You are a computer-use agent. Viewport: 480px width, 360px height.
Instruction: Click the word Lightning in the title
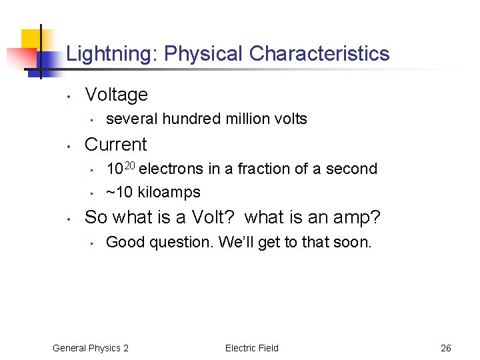[x=110, y=54]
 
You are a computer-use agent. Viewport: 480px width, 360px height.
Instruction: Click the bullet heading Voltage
[x=117, y=95]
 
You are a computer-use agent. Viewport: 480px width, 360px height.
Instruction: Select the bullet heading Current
[x=116, y=145]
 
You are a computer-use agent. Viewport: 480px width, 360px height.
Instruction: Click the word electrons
[x=172, y=169]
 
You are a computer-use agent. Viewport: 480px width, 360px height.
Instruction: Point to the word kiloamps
[x=169, y=193]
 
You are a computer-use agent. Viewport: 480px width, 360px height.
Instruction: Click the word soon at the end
[x=354, y=243]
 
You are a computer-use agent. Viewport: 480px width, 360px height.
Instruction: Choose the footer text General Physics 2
[x=91, y=348]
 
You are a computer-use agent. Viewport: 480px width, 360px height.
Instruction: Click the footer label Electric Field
[x=252, y=348]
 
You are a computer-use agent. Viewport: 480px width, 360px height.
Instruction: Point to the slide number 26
[x=446, y=348]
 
